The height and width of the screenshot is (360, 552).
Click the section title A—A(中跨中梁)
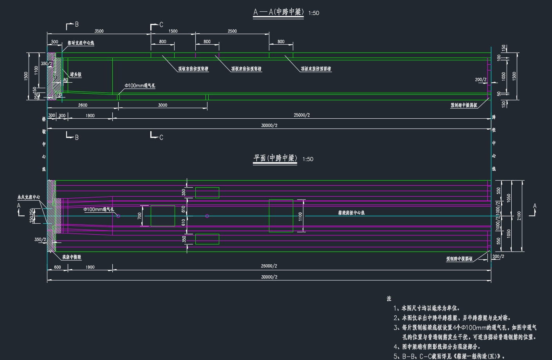click(x=278, y=12)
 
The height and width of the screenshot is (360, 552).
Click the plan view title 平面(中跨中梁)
click(x=275, y=158)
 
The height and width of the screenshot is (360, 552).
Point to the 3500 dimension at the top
click(x=99, y=31)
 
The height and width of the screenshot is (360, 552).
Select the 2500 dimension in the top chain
click(x=232, y=31)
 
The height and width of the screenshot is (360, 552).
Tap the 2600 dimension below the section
click(x=83, y=105)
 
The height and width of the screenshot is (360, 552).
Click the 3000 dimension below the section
click(x=162, y=105)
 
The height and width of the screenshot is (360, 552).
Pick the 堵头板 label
click(x=76, y=74)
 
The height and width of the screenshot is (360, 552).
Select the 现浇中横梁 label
click(x=72, y=257)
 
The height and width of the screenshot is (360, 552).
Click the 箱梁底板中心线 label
click(x=352, y=213)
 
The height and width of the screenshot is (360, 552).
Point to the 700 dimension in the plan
click(x=140, y=216)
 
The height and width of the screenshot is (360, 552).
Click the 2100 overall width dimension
click(x=519, y=215)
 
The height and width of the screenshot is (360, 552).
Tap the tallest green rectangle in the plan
click(x=281, y=216)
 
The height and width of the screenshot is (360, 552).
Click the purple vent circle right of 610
click(x=207, y=216)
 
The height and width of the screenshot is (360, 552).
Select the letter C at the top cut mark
click(x=161, y=25)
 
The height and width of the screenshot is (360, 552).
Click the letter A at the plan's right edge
click(x=535, y=206)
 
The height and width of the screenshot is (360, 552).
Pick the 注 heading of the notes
click(x=389, y=298)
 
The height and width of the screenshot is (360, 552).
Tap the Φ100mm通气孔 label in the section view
click(x=140, y=85)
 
